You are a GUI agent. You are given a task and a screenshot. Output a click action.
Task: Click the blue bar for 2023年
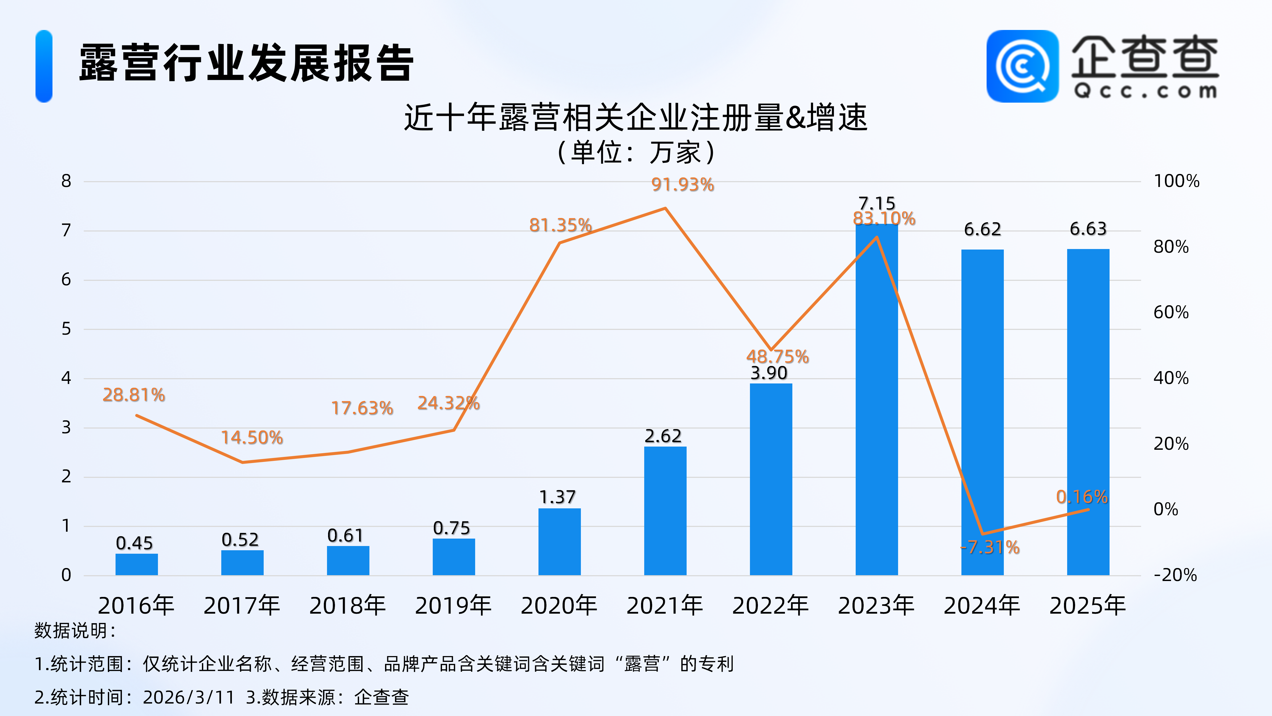point(876,400)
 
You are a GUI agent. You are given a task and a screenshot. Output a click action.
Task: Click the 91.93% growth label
point(682,185)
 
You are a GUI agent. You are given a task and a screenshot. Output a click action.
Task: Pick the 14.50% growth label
point(252,438)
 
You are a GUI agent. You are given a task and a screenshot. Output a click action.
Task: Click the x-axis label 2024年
point(982,606)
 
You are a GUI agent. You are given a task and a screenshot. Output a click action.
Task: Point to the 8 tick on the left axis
point(66,181)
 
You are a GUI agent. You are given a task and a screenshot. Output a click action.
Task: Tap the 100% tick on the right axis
point(1176,181)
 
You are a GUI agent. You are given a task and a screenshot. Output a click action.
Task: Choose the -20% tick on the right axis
point(1175,575)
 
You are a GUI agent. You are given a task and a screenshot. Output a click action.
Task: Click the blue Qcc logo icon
point(1022,66)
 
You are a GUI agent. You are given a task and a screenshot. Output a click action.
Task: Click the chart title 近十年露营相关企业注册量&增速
point(635,117)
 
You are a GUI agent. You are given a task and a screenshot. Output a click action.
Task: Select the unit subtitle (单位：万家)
point(635,152)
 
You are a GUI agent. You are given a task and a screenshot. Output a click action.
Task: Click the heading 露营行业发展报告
point(246,63)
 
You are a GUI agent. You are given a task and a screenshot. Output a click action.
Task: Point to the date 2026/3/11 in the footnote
point(189,697)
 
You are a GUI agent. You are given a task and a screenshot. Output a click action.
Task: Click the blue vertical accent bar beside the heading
point(44,66)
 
